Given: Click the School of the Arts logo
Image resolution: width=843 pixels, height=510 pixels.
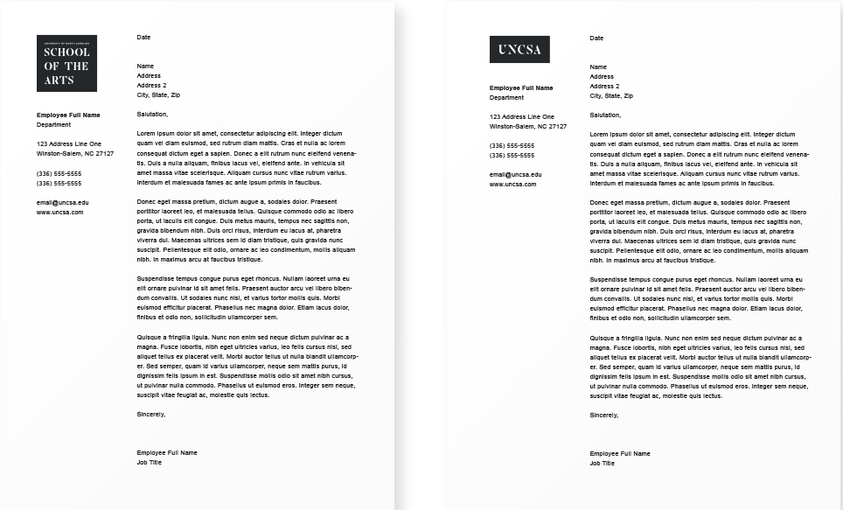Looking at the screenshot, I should pyautogui.click(x=66, y=63).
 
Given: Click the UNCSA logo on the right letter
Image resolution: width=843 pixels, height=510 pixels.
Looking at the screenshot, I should pyautogui.click(x=519, y=50).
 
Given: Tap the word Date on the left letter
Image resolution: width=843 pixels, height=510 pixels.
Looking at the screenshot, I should pyautogui.click(x=144, y=38).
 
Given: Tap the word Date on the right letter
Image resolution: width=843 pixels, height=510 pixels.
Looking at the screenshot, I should pyautogui.click(x=597, y=38).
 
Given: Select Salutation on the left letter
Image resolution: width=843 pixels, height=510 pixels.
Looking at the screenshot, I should pyautogui.click(x=152, y=114).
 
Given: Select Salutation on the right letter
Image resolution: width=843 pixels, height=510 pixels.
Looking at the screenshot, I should pyautogui.click(x=605, y=115).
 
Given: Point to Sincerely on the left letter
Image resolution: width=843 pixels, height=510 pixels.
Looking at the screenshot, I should pyautogui.click(x=151, y=414).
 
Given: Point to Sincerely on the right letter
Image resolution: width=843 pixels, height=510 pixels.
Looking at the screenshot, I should pyautogui.click(x=604, y=415).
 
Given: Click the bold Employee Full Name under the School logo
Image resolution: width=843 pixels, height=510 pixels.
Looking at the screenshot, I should pyautogui.click(x=68, y=115).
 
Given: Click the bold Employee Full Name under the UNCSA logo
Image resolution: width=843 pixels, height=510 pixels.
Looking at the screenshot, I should pyautogui.click(x=521, y=87).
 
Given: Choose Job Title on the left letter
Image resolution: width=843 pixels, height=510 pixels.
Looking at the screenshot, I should pyautogui.click(x=150, y=462).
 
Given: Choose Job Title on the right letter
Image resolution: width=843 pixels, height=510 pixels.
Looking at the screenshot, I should pyautogui.click(x=603, y=463).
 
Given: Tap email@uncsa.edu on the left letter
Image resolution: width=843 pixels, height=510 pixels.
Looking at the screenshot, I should pyautogui.click(x=62, y=202).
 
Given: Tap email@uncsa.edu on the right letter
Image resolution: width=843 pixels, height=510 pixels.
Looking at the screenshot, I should pyautogui.click(x=515, y=175).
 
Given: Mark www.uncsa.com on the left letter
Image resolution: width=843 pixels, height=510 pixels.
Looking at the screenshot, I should pyautogui.click(x=60, y=212).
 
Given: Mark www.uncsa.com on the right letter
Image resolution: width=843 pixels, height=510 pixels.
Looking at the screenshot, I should pyautogui.click(x=513, y=185).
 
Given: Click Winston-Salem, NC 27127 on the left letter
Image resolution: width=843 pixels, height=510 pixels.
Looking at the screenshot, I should pyautogui.click(x=75, y=153).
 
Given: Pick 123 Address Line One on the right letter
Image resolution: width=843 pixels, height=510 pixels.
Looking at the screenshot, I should pyautogui.click(x=522, y=116).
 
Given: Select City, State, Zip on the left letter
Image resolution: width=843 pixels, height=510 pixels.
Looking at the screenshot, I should pyautogui.click(x=158, y=94).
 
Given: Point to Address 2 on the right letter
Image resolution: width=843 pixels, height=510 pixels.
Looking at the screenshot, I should pyautogui.click(x=605, y=86).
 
